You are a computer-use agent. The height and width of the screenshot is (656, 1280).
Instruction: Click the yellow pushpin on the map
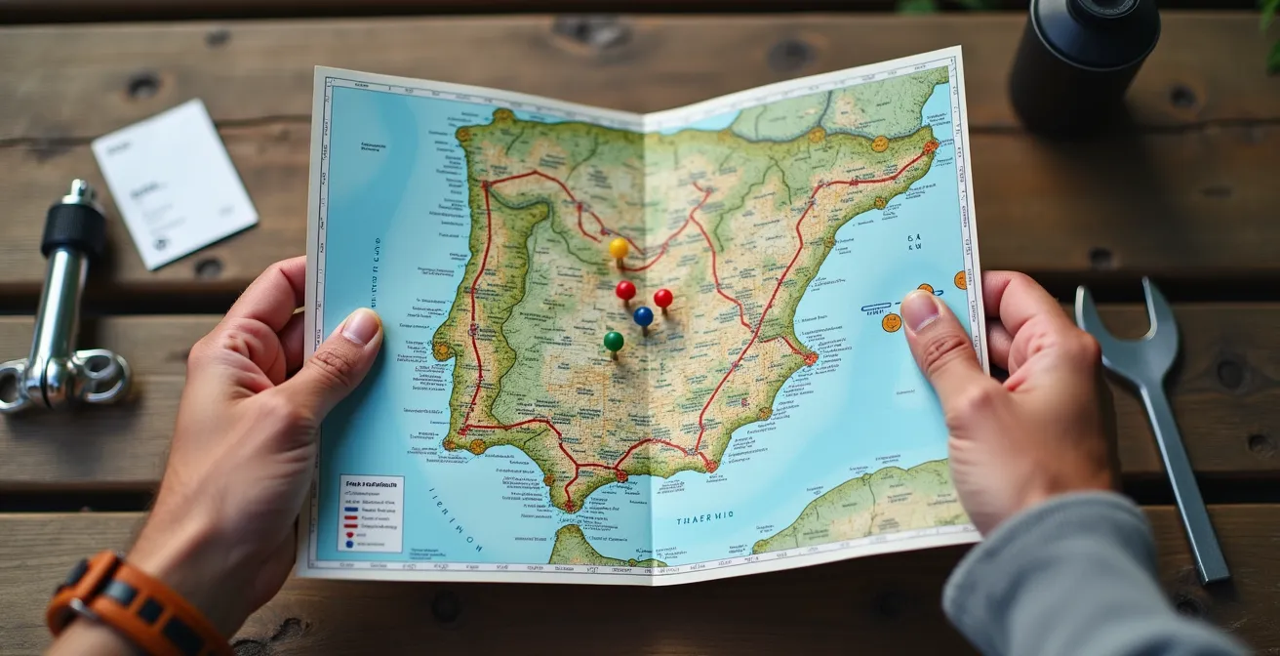click(619, 248)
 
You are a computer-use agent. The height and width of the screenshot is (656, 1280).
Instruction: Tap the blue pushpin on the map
click(643, 316)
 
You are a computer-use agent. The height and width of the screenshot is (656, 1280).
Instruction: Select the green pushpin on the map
click(613, 341)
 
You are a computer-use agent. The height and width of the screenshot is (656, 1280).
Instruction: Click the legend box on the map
click(370, 512)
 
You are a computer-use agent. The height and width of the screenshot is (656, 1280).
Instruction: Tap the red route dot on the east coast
click(810, 358)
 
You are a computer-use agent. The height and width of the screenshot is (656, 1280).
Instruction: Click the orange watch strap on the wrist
click(127, 605)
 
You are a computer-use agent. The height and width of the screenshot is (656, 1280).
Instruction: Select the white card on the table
click(174, 183)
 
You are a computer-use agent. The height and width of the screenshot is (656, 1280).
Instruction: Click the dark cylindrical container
click(1083, 59)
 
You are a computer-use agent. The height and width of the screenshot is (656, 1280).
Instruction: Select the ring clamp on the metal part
click(98, 376)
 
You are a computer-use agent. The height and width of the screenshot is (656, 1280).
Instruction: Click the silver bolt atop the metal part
click(79, 192)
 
